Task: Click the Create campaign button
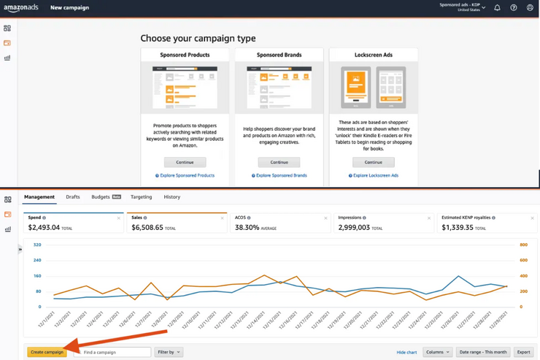[x=47, y=352]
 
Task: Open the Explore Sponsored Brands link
[x=279, y=176]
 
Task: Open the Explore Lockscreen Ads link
[x=374, y=176]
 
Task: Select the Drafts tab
[x=73, y=197]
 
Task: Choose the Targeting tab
[x=142, y=197]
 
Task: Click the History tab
[x=172, y=197]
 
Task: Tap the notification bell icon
[x=497, y=8]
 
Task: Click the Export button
[x=523, y=352]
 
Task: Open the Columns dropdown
[x=438, y=352]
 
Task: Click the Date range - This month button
[x=482, y=352]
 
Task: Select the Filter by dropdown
[x=169, y=352]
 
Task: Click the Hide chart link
[x=406, y=352]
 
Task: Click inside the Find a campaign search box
[x=114, y=352]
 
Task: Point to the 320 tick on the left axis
[x=36, y=245]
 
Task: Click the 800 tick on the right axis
[x=523, y=245]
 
